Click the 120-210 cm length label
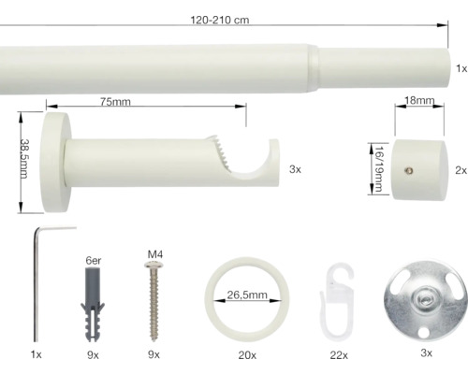pyautogui.click(x=220, y=20)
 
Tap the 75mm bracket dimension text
pyautogui.click(x=115, y=102)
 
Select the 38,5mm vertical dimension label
pyautogui.click(x=23, y=159)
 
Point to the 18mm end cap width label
pyautogui.click(x=419, y=100)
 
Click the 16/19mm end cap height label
pyautogui.click(x=379, y=168)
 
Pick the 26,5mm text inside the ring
pyautogui.click(x=247, y=295)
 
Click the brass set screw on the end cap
pyautogui.click(x=409, y=170)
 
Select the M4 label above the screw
pyautogui.click(x=155, y=254)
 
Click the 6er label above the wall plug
pyautogui.click(x=93, y=261)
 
